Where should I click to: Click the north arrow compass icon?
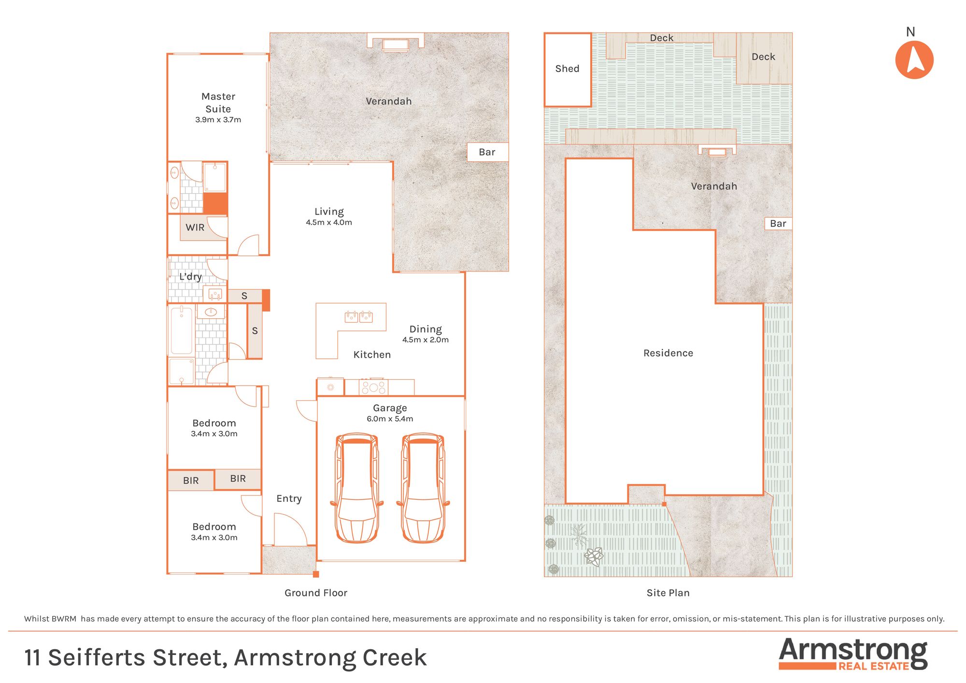click(914, 60)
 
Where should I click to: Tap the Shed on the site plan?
click(568, 70)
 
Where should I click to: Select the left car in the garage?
click(357, 488)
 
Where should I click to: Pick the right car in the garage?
click(423, 488)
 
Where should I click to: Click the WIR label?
click(195, 228)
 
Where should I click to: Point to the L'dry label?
click(190, 276)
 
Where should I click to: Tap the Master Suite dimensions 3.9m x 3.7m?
click(218, 120)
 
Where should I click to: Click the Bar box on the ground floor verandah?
click(488, 152)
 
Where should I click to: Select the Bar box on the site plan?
click(778, 224)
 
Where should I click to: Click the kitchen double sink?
click(358, 317)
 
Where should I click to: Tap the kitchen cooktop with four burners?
click(373, 387)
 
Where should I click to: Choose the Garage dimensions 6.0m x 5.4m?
click(390, 419)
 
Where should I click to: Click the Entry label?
click(289, 499)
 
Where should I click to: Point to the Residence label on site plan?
click(668, 353)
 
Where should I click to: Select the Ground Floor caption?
click(316, 593)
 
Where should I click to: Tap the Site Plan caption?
click(668, 593)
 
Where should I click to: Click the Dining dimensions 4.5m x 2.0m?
click(426, 340)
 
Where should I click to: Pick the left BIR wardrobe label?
click(191, 481)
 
